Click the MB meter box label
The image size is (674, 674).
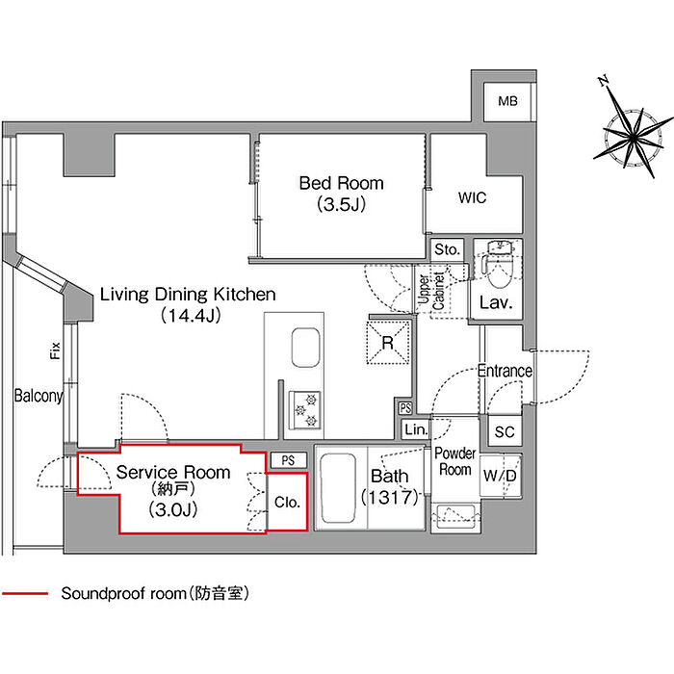coord(507,101)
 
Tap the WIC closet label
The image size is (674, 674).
coord(472,197)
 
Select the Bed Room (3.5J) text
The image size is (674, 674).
coord(341,194)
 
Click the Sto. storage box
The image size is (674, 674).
coord(447,249)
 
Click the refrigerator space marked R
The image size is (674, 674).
coord(388,343)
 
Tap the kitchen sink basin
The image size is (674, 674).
coord(305,348)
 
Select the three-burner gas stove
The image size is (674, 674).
coord(305,409)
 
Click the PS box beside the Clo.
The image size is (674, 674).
coord(289,460)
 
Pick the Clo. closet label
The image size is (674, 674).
coord(287,502)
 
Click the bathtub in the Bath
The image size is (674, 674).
coord(338,488)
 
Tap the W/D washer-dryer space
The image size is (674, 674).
coord(500,476)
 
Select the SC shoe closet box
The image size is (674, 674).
coord(505,431)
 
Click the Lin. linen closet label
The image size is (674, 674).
coord(416,429)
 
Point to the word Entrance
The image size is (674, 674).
coord(505,371)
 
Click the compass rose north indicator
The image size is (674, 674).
coord(604,80)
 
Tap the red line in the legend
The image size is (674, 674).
coord(25,594)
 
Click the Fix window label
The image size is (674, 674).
coord(55,350)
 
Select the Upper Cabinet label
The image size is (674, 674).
coord(431,291)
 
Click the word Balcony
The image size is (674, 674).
coord(39,396)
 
